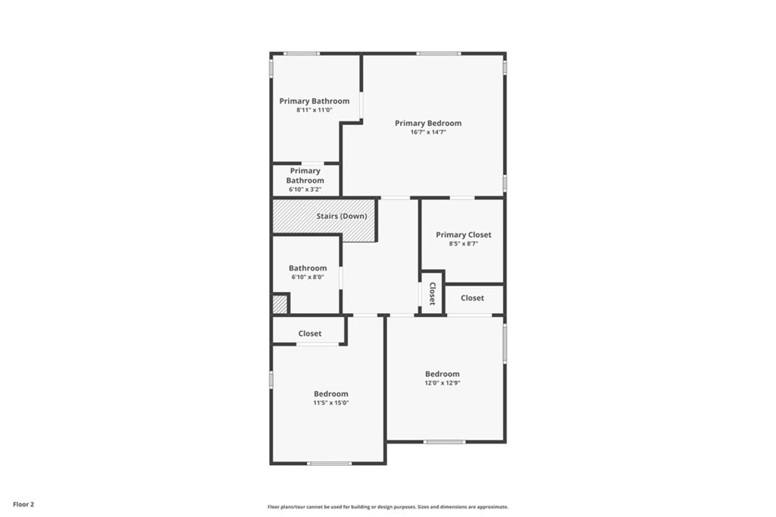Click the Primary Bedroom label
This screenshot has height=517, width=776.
pyautogui.click(x=428, y=124)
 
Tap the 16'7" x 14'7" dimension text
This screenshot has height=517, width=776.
pyautogui.click(x=428, y=132)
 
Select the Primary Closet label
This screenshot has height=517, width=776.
pyautogui.click(x=464, y=235)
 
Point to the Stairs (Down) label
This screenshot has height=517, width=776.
pyautogui.click(x=342, y=216)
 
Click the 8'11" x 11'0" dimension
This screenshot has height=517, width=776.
pyautogui.click(x=314, y=110)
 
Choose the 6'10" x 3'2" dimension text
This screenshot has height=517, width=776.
pyautogui.click(x=305, y=190)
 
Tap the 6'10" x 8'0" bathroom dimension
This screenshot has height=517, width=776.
pyautogui.click(x=308, y=277)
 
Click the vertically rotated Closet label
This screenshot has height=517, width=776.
pyautogui.click(x=432, y=293)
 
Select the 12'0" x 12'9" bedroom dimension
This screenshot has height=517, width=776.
pyautogui.click(x=443, y=383)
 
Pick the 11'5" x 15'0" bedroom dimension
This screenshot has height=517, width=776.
pyautogui.click(x=331, y=403)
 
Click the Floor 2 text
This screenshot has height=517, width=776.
pyautogui.click(x=23, y=505)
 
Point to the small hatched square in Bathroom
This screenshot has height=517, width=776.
pyautogui.click(x=280, y=304)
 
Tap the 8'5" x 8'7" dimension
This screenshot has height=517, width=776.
pyautogui.click(x=464, y=243)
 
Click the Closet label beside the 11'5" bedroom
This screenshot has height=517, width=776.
pyautogui.click(x=310, y=334)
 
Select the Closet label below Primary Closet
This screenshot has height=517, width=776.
pyautogui.click(x=473, y=298)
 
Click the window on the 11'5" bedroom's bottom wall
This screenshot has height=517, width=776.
pyautogui.click(x=330, y=463)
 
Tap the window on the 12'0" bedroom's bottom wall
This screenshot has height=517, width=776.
pyautogui.click(x=444, y=442)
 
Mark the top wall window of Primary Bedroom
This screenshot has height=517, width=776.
pyautogui.click(x=439, y=54)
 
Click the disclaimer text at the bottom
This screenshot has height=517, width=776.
pyautogui.click(x=388, y=507)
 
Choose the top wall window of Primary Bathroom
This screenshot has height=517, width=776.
pyautogui.click(x=302, y=54)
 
